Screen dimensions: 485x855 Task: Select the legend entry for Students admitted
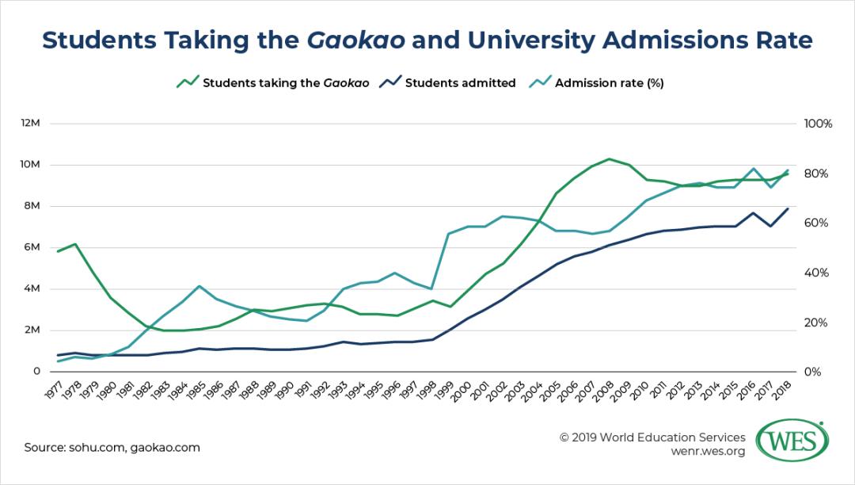(460, 82)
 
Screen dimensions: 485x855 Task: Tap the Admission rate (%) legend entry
(608, 82)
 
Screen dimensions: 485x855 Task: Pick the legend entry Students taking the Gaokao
(285, 82)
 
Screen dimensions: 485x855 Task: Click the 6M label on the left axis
(32, 247)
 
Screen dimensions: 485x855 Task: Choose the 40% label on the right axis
(818, 273)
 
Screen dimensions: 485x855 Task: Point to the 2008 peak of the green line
(608, 158)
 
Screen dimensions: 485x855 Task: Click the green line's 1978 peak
(75, 244)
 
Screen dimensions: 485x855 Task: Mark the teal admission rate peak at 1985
(200, 286)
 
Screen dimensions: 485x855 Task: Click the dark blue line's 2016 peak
(753, 212)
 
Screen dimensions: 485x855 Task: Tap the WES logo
(792, 440)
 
